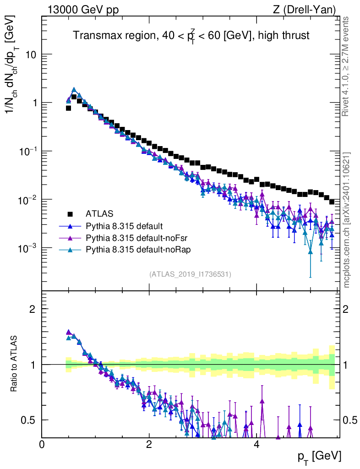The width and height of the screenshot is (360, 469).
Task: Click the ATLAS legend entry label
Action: click(99, 213)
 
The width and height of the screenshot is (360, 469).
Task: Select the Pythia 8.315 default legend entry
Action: click(124, 226)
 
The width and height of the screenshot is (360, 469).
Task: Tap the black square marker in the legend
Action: click(70, 213)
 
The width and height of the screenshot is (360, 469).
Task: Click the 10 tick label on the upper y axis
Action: click(30, 55)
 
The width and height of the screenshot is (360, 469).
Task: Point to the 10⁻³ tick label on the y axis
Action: click(27, 248)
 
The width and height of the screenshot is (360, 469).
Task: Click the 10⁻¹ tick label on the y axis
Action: click(27, 151)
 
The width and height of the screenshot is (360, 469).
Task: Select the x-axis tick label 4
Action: click(256, 444)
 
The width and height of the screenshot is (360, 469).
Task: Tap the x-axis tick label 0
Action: click(42, 444)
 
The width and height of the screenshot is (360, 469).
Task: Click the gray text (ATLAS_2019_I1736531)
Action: click(190, 274)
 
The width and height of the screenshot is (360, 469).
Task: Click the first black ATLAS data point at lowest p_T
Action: click(68, 108)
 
